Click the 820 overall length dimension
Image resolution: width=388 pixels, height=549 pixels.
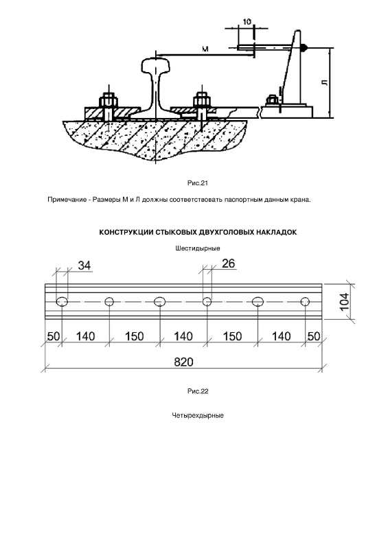183,362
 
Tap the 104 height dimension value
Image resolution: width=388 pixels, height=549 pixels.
344,301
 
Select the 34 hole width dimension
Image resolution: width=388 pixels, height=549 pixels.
84,266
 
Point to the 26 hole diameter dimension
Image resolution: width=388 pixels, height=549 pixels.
228,264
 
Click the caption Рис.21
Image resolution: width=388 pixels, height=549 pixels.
198,183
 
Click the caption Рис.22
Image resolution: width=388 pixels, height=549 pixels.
198,391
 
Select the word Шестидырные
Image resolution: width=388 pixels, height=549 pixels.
198,248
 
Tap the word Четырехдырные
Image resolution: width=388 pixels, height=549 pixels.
198,416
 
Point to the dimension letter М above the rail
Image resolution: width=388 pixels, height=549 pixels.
205,49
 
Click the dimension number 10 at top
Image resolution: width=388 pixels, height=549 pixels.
247,22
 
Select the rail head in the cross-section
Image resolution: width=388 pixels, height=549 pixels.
155,64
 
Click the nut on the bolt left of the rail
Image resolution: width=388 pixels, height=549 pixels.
108,101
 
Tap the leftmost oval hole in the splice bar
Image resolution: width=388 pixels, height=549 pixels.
62,301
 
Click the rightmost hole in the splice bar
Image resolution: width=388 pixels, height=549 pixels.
305,301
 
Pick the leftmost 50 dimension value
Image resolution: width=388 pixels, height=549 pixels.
54,336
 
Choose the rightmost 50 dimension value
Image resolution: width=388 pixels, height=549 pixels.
314,336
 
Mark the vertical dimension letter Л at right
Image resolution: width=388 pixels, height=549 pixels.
325,82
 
